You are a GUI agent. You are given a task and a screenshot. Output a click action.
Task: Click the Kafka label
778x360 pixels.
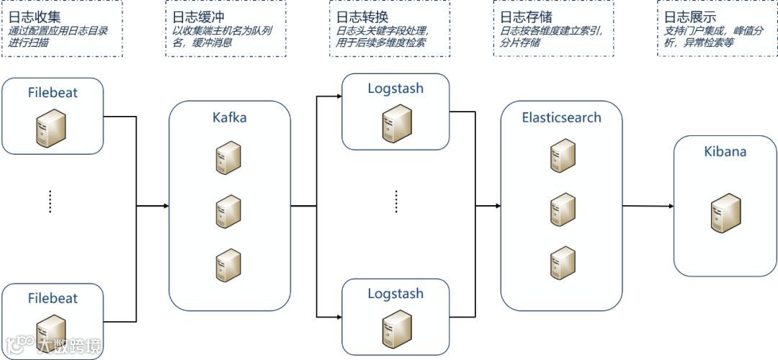point(229,117)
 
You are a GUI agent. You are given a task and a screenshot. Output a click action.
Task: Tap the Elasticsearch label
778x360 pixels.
point(561,117)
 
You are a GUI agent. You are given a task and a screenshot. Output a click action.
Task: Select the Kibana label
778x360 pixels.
point(725,152)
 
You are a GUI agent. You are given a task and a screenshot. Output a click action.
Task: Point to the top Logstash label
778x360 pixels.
point(395,89)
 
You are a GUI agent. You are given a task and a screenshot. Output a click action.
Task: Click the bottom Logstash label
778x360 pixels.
point(395,294)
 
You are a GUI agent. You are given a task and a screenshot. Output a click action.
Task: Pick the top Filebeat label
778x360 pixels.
point(53,92)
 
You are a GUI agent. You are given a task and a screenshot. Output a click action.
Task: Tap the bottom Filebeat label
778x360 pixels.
point(53,298)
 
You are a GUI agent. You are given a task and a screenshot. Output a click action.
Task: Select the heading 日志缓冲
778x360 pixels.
point(194,17)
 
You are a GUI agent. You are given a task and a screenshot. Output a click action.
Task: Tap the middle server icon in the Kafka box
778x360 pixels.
point(228,212)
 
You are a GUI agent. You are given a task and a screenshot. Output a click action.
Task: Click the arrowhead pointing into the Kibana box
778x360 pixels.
point(671,207)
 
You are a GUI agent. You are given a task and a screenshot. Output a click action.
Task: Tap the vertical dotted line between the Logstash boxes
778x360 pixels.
point(396,202)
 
